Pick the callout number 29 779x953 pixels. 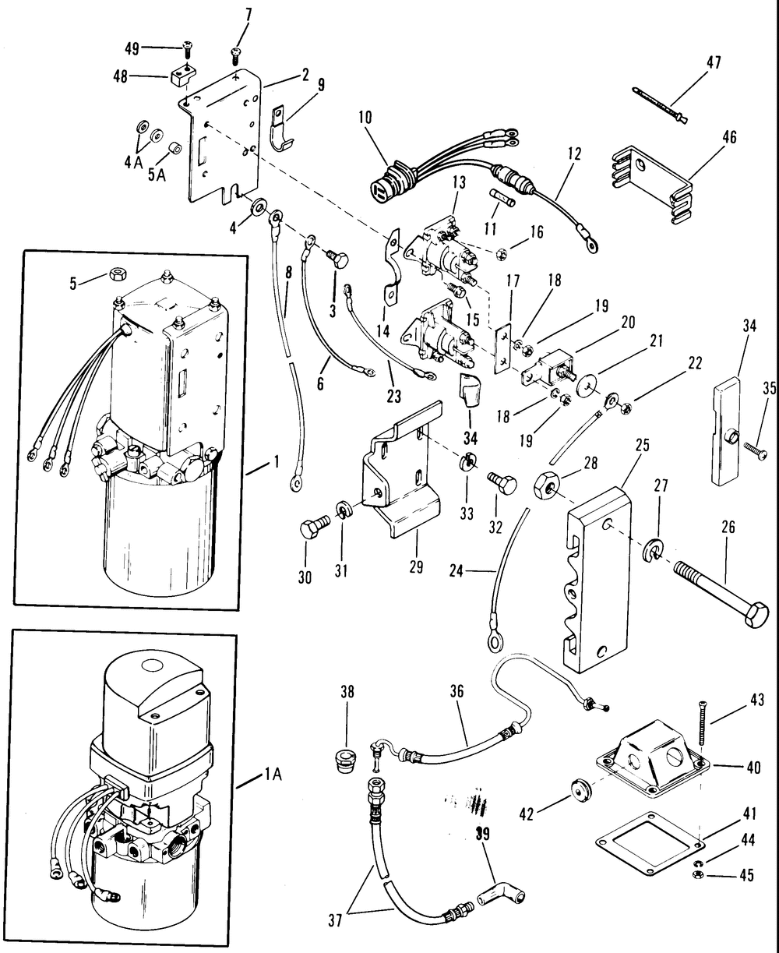pyautogui.click(x=415, y=567)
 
